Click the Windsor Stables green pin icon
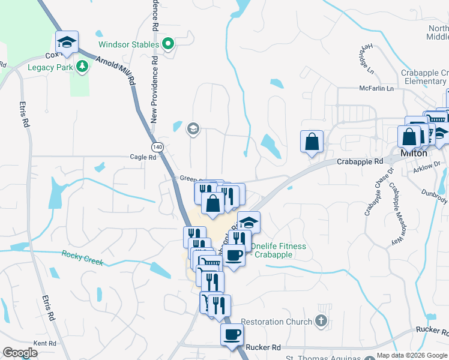169,44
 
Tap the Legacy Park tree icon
82,67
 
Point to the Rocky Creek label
82,259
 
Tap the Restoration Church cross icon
322,322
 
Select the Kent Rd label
44,343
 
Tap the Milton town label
414,154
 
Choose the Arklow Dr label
426,170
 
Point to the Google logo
20,353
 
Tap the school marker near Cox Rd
67,41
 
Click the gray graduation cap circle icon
193,128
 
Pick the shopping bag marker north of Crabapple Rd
312,142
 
